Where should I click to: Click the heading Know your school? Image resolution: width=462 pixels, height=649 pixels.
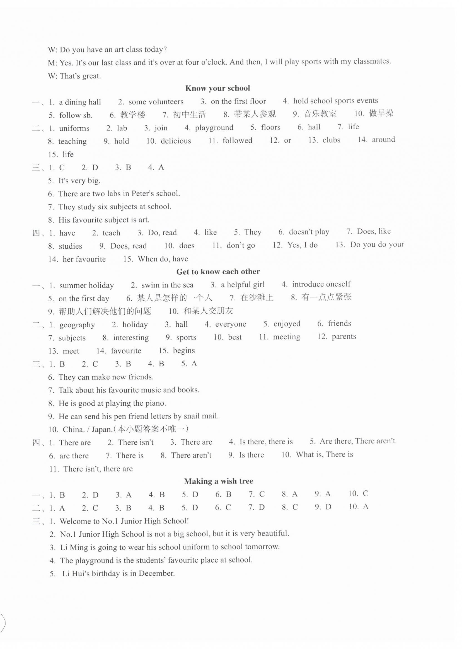[218, 88]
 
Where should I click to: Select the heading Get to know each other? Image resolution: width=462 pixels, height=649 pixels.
[218, 272]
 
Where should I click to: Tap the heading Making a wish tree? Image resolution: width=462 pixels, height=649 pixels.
[219, 481]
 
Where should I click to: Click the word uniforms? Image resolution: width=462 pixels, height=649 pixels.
[74, 129]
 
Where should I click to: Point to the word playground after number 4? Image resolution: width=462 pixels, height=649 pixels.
[214, 128]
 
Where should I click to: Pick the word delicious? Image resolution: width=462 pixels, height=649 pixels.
[176, 141]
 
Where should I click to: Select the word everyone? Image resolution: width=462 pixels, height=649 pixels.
[230, 324]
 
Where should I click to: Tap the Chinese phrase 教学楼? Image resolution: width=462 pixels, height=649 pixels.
[132, 115]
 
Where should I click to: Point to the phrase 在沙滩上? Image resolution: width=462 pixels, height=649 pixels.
[257, 298]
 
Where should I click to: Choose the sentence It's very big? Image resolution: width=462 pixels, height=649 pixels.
[79, 181]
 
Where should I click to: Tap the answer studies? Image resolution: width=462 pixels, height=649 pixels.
[70, 246]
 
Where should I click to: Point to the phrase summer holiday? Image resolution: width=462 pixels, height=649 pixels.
[86, 285]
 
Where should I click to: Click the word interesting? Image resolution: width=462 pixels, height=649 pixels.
[131, 338]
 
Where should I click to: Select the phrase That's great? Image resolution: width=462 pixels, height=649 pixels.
[80, 76]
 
